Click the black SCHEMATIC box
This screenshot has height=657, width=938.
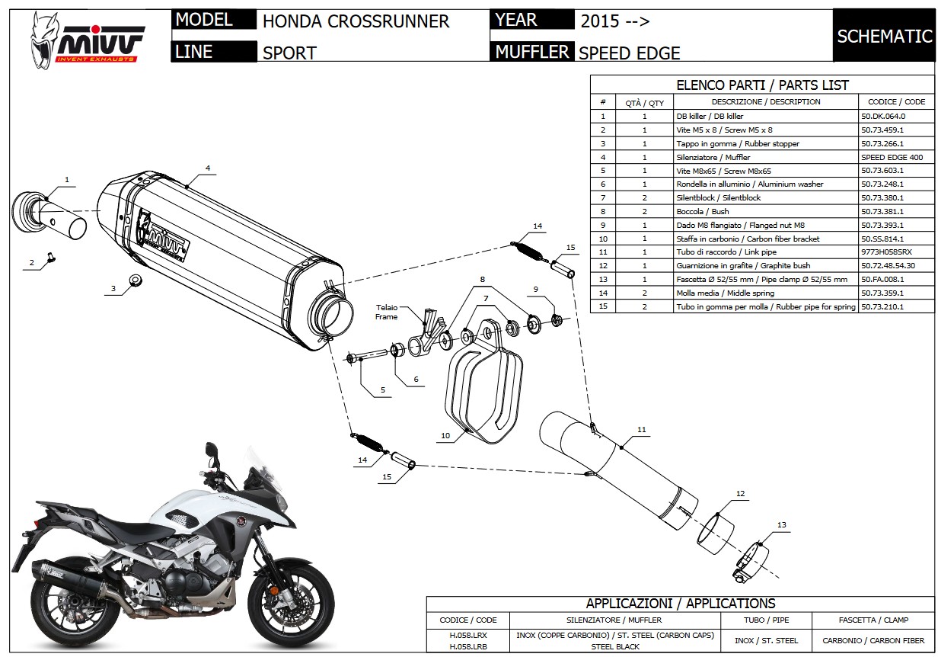pyautogui.click(x=884, y=36)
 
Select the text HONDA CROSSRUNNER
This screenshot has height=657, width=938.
pyautogui.click(x=356, y=21)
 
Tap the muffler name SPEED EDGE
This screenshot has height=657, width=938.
pyautogui.click(x=629, y=53)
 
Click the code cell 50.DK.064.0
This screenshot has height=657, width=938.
pyautogui.click(x=882, y=117)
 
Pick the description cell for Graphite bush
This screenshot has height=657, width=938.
pyautogui.click(x=764, y=266)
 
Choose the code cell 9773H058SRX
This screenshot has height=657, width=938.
pyautogui.click(x=886, y=252)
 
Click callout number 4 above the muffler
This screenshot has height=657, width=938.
pyautogui.click(x=207, y=168)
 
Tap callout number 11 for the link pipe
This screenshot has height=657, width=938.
pyautogui.click(x=641, y=431)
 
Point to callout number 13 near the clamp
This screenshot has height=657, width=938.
pyautogui.click(x=782, y=524)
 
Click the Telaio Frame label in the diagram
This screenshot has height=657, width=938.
pyautogui.click(x=386, y=311)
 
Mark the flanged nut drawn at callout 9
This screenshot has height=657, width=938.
pyautogui.click(x=556, y=318)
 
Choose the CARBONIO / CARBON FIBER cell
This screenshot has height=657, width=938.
pyautogui.click(x=869, y=640)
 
